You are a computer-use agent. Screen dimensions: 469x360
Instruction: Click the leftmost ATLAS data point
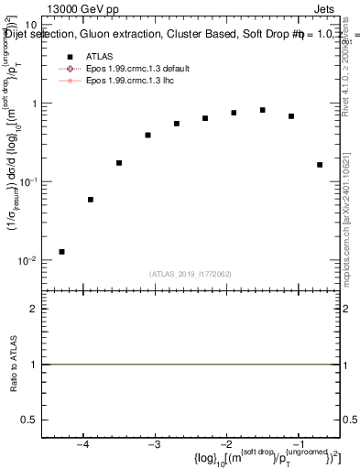[61, 252]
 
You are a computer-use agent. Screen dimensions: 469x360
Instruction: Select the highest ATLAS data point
[263, 110]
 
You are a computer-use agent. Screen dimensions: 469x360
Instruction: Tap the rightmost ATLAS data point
[320, 165]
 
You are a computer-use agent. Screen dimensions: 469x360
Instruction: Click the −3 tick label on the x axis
[154, 446]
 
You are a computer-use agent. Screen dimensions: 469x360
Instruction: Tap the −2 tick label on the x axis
[226, 446]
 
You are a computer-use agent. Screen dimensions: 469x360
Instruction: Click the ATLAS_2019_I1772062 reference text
[191, 274]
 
